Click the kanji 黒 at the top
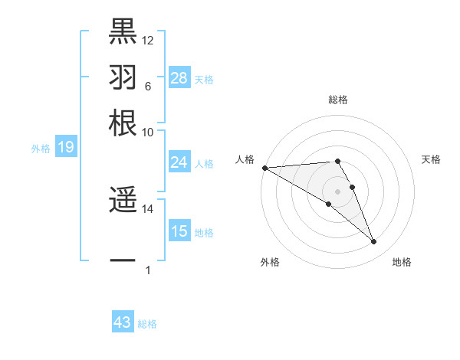[123, 30]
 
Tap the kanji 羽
[123, 77]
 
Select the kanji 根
[123, 123]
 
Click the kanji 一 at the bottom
[123, 261]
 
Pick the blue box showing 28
[179, 78]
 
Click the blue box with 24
[179, 162]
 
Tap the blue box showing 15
[179, 231]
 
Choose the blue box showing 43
[123, 322]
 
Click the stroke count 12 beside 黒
[148, 40]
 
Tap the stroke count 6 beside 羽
[147, 87]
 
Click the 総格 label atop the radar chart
[338, 100]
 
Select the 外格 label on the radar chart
[269, 263]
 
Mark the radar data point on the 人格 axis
[264, 168]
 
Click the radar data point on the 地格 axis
[374, 242]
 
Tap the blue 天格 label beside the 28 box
[204, 79]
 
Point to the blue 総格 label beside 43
[147, 324]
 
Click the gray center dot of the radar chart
[338, 191]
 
